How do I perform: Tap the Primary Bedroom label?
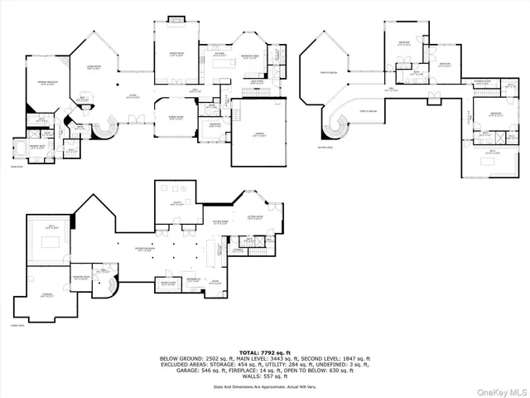[x=45, y=83]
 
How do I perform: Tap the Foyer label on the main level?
[x=132, y=97]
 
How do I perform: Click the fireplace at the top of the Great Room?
[x=176, y=19]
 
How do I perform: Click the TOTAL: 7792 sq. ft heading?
[x=264, y=352]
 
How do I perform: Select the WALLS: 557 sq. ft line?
[x=264, y=377]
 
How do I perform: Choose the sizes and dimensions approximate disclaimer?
[x=264, y=386]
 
